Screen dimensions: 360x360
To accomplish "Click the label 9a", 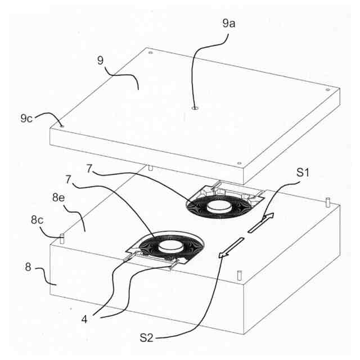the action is click(x=228, y=24).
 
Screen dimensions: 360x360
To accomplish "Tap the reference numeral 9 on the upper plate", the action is click(x=100, y=60).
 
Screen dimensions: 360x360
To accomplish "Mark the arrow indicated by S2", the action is click(x=232, y=247).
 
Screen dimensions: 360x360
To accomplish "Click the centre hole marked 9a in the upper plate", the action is click(x=194, y=109).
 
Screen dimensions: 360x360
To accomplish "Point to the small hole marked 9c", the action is click(x=62, y=126).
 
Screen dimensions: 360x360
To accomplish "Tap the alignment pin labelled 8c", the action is click(x=62, y=238).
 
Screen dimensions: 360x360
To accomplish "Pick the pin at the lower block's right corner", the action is click(x=327, y=201).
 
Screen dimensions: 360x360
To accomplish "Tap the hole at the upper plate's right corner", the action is click(x=327, y=90).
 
